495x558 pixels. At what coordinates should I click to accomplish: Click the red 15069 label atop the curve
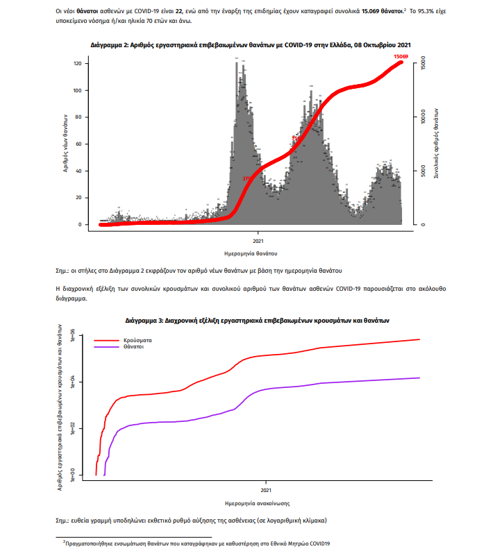click(x=400, y=56)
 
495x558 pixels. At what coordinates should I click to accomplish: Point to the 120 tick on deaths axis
click(x=78, y=63)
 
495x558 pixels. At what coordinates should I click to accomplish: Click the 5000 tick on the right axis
click(x=423, y=171)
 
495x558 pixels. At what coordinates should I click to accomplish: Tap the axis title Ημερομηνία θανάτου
click(x=251, y=252)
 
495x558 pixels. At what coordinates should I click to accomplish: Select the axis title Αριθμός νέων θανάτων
click(x=64, y=143)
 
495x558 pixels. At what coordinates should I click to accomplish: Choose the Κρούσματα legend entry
click(x=138, y=341)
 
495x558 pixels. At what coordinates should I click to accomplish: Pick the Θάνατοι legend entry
click(x=134, y=348)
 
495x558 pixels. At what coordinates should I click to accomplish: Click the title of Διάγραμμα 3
click(x=258, y=321)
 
